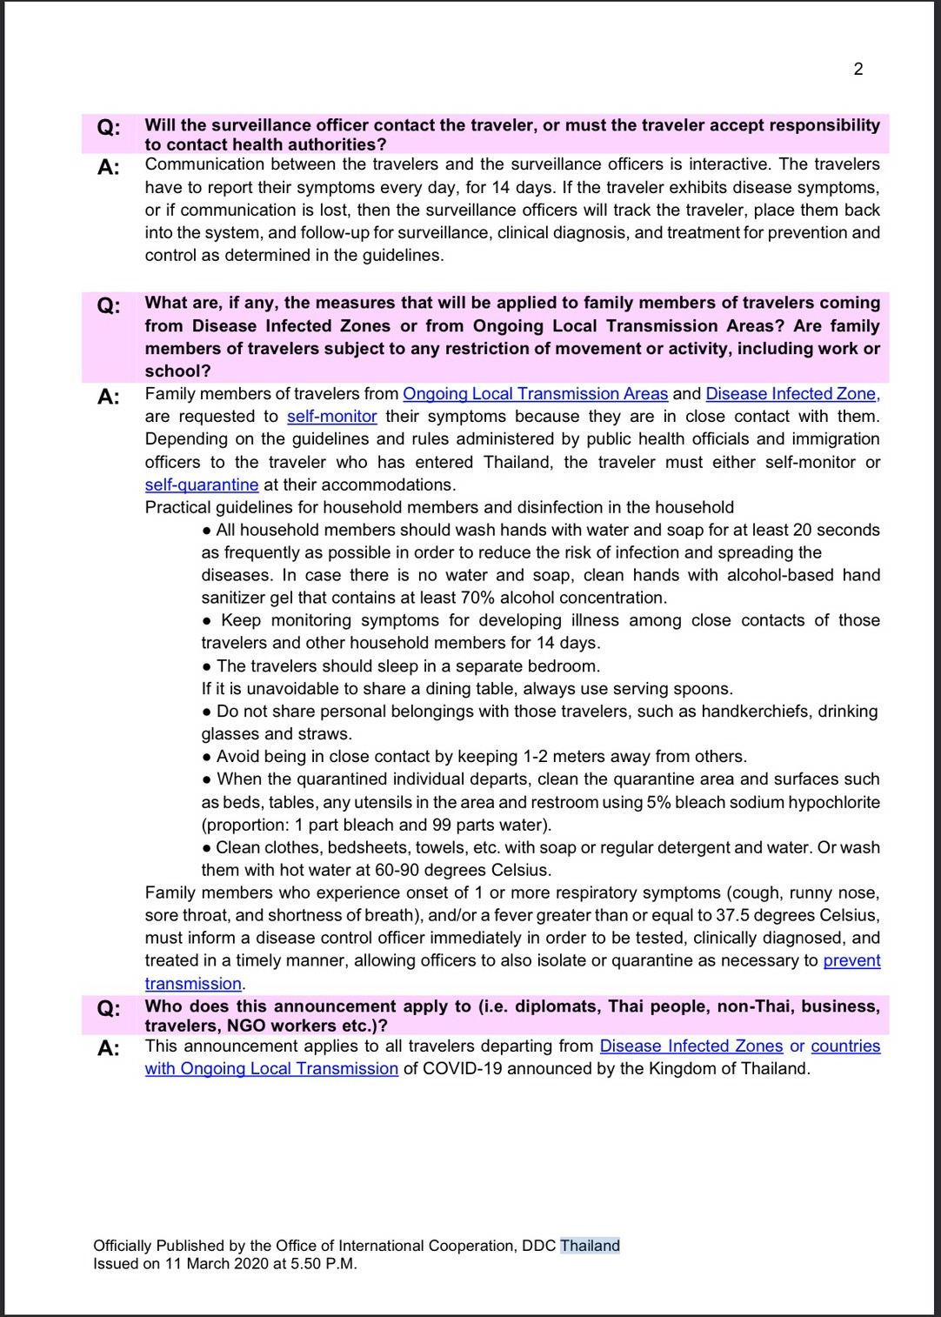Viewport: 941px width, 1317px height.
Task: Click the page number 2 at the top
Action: (858, 70)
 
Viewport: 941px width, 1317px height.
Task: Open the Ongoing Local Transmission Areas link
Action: (535, 394)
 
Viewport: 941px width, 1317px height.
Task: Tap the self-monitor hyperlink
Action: (331, 417)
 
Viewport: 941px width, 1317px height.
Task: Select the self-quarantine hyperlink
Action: (202, 485)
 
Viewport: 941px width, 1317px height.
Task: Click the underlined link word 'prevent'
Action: (851, 960)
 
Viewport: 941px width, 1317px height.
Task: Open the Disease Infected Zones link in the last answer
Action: (691, 1046)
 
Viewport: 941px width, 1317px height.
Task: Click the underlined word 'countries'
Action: (845, 1046)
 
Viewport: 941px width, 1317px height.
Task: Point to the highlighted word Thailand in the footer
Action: (590, 1246)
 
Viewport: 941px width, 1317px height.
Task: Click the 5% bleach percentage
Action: (657, 802)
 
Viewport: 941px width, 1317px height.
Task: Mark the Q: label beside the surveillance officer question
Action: (109, 128)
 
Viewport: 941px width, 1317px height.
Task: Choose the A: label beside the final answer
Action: (109, 1048)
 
